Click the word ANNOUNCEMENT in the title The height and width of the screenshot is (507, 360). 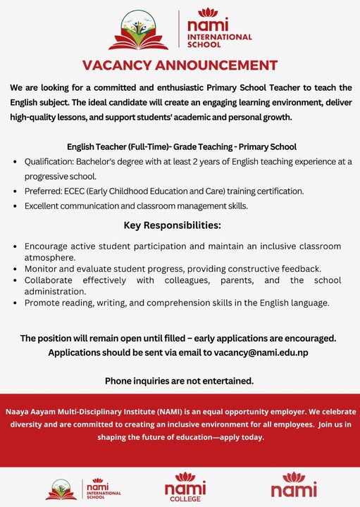coord(219,65)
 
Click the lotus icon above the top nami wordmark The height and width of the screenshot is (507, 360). coord(208,12)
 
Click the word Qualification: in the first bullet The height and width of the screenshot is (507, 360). coord(48,161)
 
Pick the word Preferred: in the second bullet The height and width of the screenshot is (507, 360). coord(44,191)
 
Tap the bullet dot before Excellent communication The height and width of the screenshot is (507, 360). coord(15,206)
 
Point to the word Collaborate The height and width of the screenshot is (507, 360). coord(54,280)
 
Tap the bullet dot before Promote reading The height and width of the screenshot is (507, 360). coord(15,302)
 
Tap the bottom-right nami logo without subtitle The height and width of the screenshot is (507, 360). coord(294,487)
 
